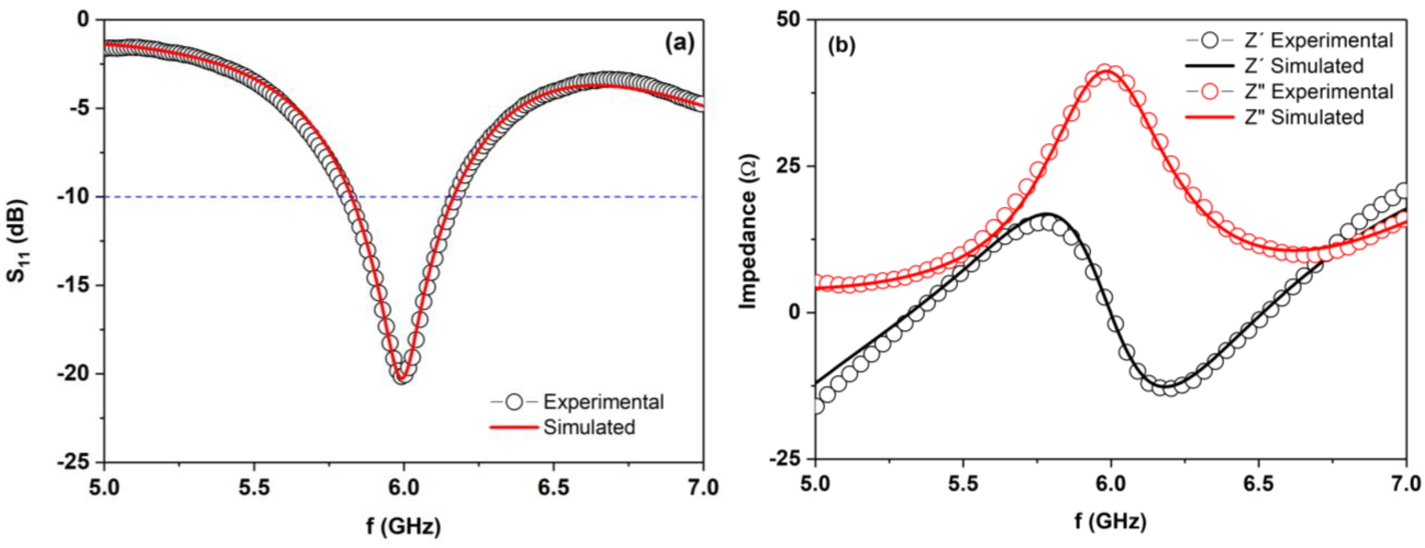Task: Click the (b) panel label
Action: point(841,45)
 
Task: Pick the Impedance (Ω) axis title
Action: point(748,231)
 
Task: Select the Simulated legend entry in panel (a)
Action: point(589,427)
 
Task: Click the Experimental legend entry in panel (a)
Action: point(603,402)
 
